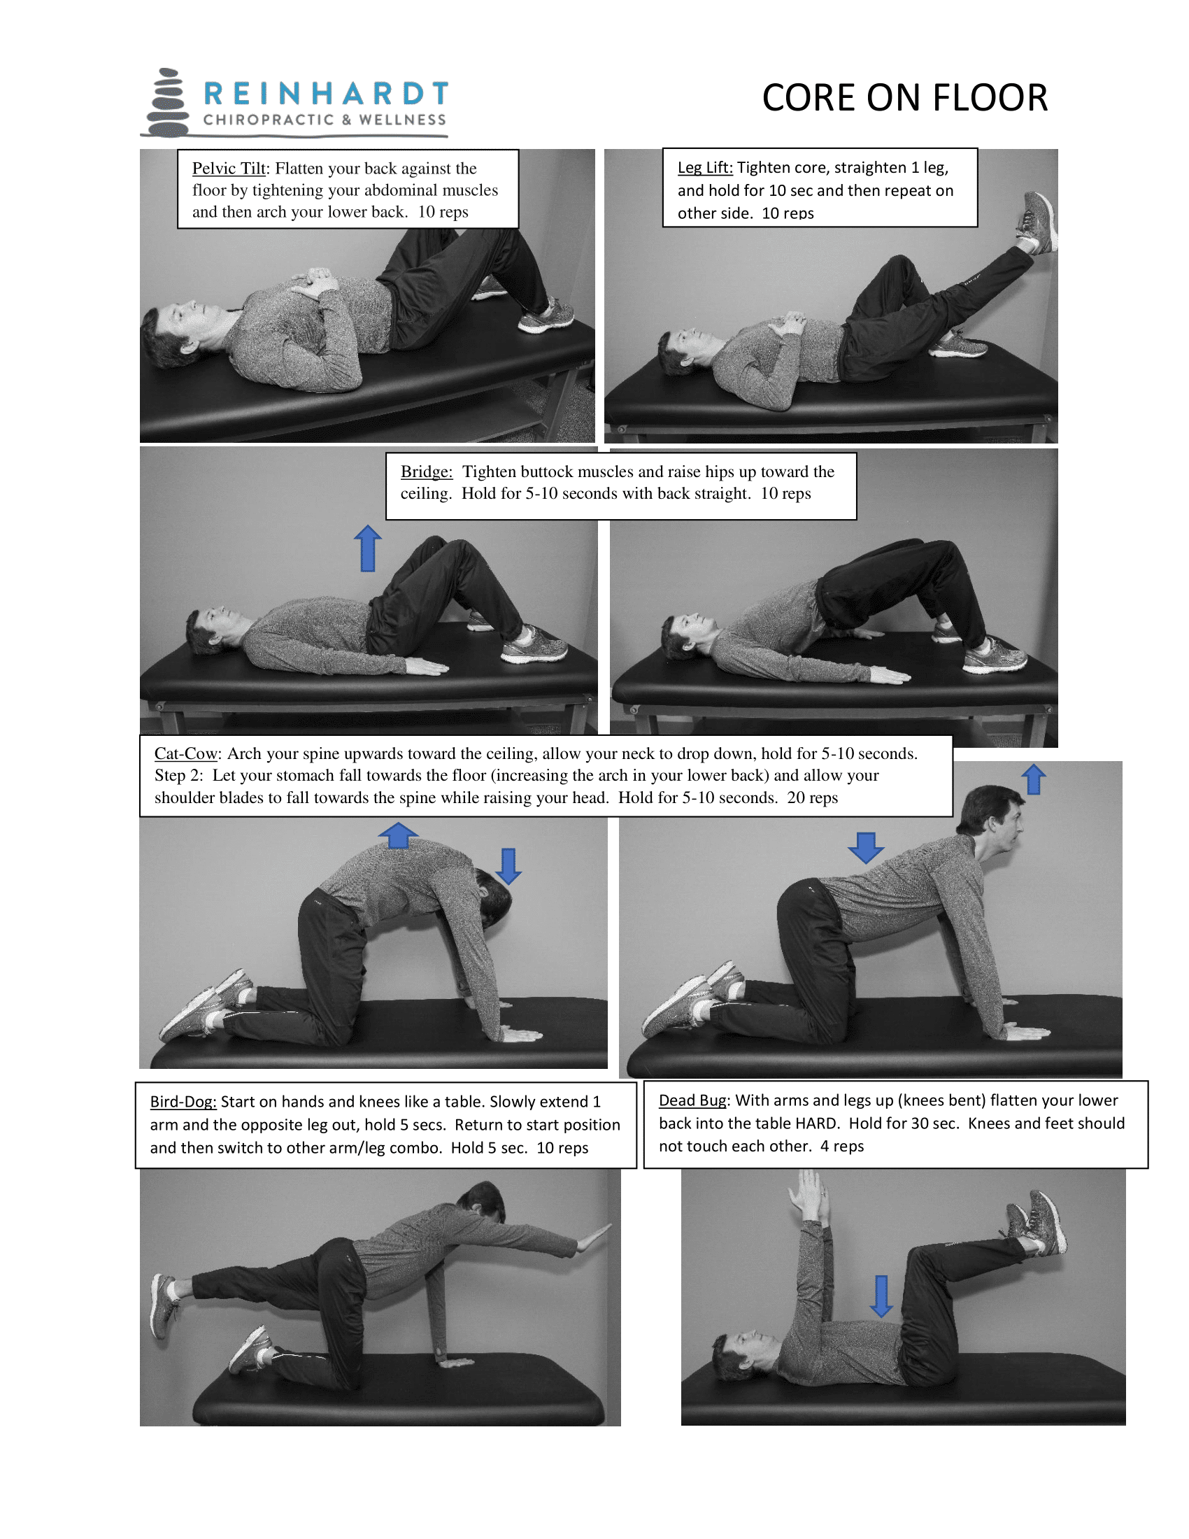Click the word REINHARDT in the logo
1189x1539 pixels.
325,93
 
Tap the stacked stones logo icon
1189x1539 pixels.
168,103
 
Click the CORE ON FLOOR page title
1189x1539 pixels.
904,98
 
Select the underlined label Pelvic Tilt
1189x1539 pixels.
229,169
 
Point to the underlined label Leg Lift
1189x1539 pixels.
704,168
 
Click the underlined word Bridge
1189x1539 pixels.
426,471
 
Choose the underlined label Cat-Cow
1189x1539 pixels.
186,753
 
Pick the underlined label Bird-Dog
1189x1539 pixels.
183,1101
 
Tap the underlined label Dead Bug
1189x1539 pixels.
692,1100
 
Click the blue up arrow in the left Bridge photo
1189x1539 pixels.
368,548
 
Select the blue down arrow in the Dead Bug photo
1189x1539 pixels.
881,1295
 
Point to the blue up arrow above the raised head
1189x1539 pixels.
1033,779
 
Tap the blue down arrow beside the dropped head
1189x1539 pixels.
508,866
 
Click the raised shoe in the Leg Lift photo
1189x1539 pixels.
1037,222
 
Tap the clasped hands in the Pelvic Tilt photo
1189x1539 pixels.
316,281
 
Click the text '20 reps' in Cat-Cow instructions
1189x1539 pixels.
812,797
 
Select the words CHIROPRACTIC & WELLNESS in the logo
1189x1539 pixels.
325,120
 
